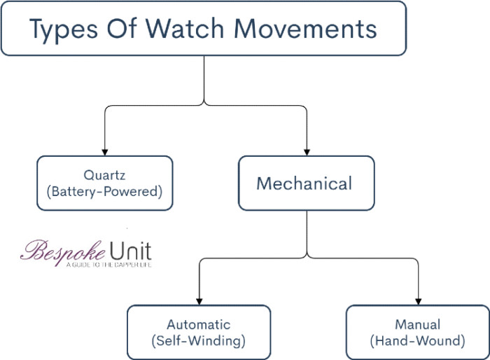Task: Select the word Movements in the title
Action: point(305,29)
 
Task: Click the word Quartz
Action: point(104,174)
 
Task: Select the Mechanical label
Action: point(304,184)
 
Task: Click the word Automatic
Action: point(198,325)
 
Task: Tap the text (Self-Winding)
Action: point(198,341)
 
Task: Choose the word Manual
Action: point(418,325)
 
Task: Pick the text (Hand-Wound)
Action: point(418,341)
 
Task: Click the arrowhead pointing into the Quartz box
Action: point(104,151)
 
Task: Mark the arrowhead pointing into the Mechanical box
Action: point(307,151)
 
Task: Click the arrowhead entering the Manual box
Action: point(419,300)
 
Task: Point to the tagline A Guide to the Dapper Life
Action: point(108,265)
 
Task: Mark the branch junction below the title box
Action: point(204,104)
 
